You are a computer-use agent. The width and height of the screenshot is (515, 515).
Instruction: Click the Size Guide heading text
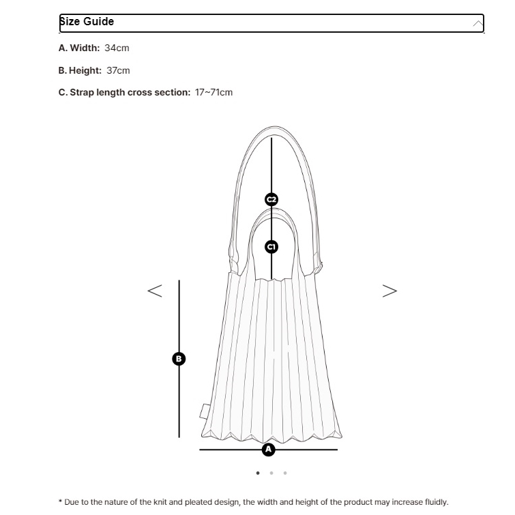[87, 22]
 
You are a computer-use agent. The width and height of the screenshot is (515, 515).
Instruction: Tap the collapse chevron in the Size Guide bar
[477, 24]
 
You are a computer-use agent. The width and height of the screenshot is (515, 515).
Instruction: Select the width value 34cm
[117, 48]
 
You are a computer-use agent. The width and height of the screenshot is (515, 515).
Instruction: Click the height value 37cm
[118, 70]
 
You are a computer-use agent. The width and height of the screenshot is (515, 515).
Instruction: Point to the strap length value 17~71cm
[214, 92]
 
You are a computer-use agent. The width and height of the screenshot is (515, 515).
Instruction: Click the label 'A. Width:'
[79, 48]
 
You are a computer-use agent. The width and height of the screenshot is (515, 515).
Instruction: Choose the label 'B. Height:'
[80, 70]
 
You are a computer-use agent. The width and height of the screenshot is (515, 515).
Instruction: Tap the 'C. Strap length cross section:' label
[124, 92]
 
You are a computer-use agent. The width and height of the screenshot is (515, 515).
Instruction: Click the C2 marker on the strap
[271, 199]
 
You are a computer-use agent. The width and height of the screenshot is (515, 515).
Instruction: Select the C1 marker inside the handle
[271, 246]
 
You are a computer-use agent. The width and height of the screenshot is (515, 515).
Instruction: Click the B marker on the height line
[179, 358]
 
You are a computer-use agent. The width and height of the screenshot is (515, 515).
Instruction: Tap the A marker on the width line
[268, 450]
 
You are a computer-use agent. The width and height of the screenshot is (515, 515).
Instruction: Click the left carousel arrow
[155, 291]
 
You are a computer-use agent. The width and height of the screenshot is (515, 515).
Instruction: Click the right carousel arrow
[389, 291]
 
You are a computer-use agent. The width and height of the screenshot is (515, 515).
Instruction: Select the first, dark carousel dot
[258, 473]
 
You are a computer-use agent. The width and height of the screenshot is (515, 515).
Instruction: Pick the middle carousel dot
[271, 473]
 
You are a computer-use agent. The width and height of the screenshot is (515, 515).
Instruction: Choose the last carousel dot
[285, 473]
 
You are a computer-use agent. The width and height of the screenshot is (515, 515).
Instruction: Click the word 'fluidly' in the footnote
[433, 502]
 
